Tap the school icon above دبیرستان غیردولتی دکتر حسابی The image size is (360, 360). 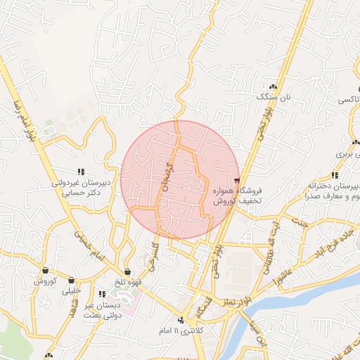pos(81,171)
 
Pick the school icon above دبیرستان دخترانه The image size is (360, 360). pos(335,175)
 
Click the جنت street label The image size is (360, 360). pos(301,224)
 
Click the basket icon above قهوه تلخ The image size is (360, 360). pos(127,272)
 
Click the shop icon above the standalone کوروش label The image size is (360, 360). pos(45,270)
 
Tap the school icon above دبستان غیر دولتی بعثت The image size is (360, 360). pos(103,294)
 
